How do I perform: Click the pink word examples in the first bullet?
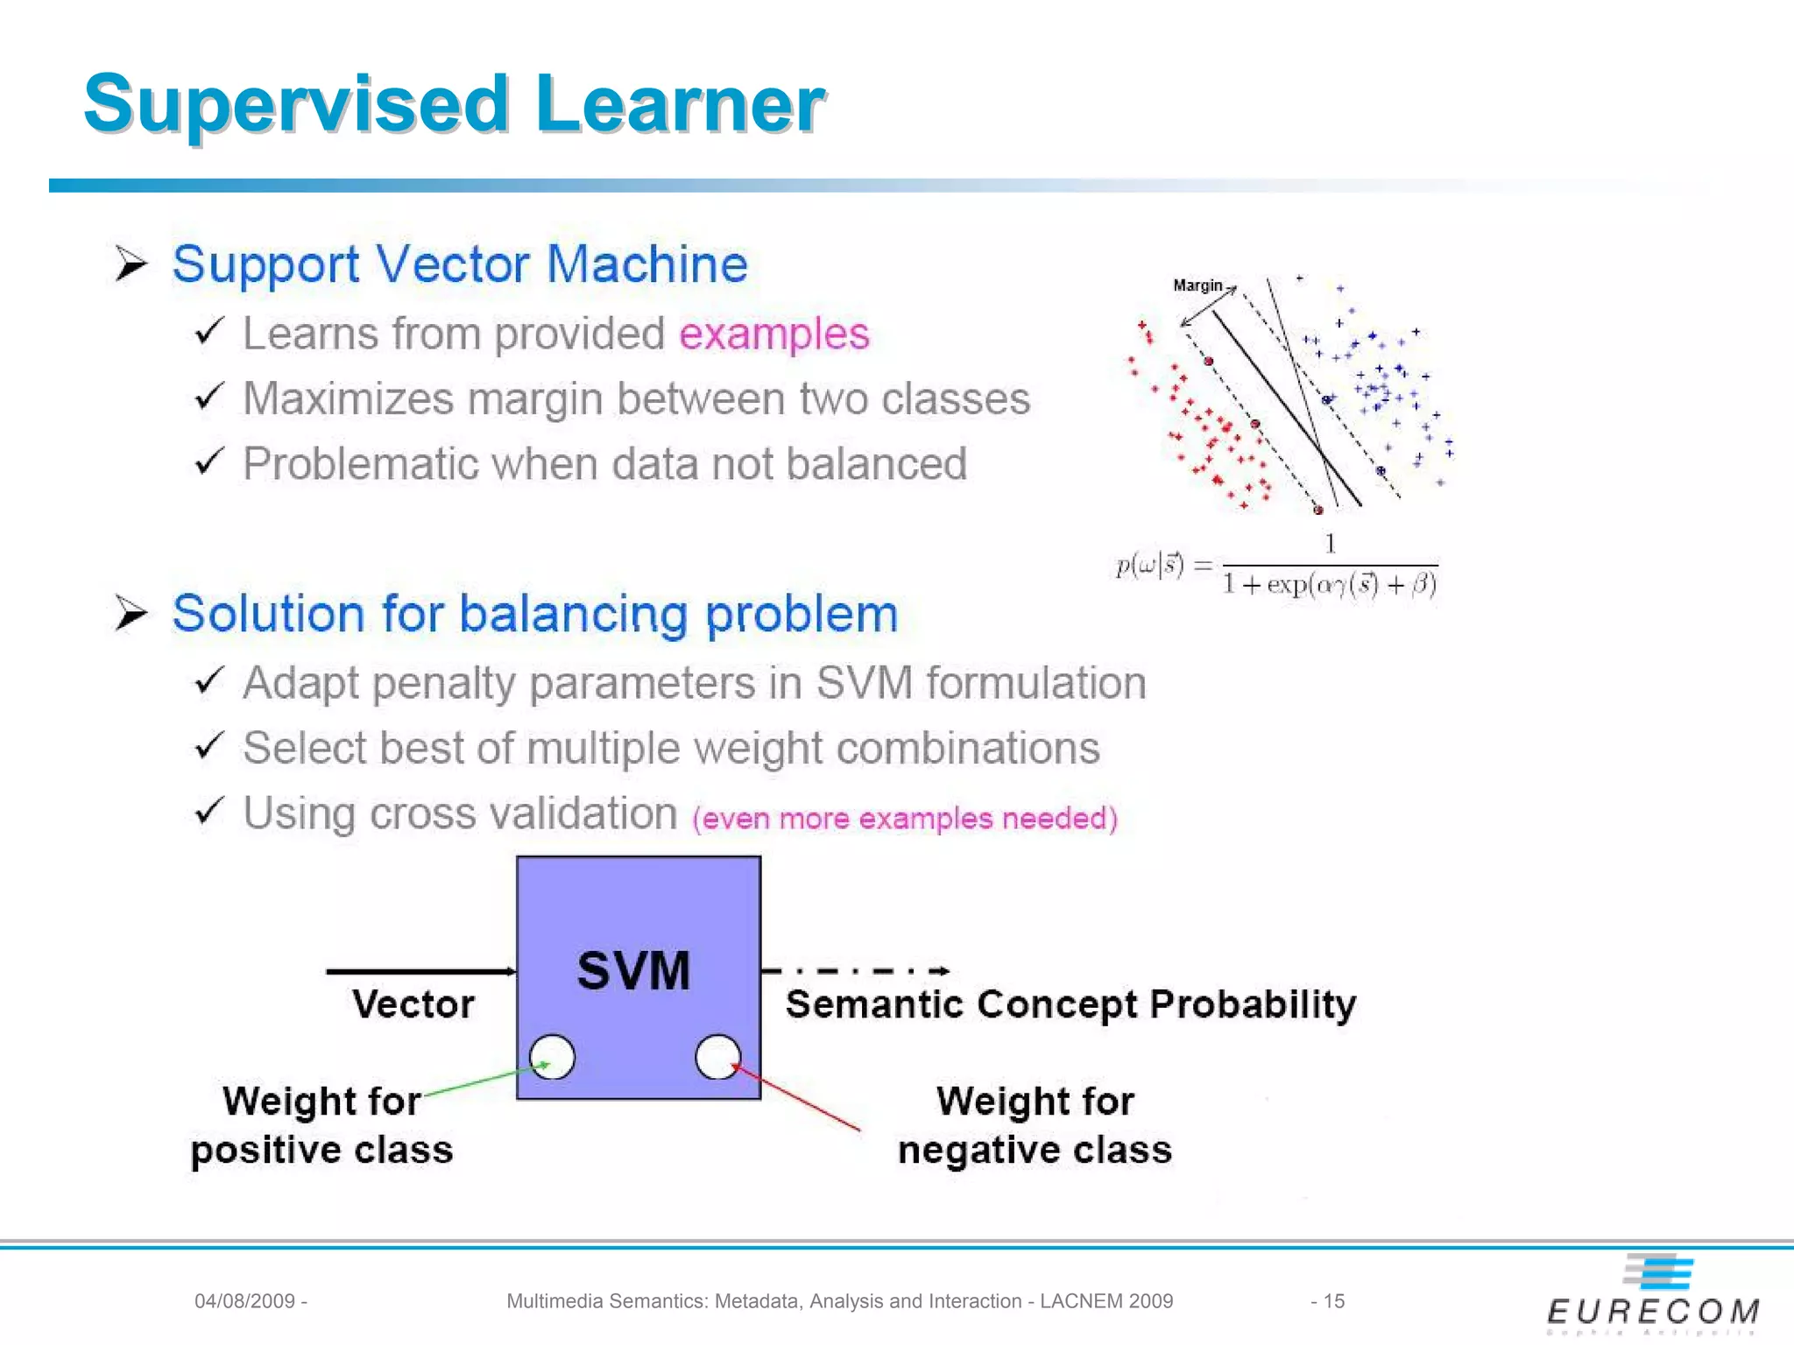coord(773,334)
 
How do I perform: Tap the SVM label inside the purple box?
coord(634,970)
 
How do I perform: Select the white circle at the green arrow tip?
coord(552,1057)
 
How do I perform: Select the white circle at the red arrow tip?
coord(717,1057)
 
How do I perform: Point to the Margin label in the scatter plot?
coord(1197,285)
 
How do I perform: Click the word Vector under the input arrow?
coord(413,1004)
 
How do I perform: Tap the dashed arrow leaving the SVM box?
coord(855,970)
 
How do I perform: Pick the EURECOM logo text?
coord(1653,1312)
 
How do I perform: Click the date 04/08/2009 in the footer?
coord(244,1301)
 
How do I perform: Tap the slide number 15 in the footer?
coord(1333,1301)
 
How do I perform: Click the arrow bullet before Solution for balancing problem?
coord(131,612)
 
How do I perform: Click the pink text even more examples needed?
coord(905,819)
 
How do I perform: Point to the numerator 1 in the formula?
coord(1330,545)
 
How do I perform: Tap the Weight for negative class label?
coord(1035,1125)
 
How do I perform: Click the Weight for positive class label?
coord(321,1125)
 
